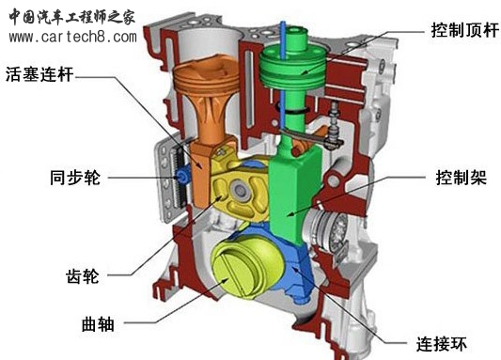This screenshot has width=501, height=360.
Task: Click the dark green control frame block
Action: coord(297,188)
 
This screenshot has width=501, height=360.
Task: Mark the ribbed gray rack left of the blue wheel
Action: coord(168,179)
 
